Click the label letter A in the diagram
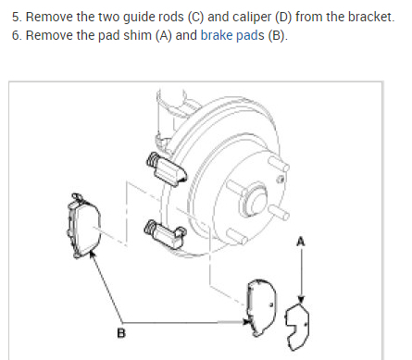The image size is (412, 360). click(301, 242)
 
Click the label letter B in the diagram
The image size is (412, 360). click(121, 333)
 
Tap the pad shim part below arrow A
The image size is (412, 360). click(298, 327)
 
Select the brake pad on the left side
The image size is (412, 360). click(83, 226)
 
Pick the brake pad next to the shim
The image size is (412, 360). click(261, 307)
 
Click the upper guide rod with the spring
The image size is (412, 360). click(166, 169)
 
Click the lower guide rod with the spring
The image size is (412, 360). click(165, 234)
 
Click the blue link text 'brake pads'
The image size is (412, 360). click(232, 35)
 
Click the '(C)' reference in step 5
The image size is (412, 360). click(196, 17)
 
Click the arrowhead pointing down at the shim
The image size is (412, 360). click(301, 300)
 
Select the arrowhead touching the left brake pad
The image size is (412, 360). click(92, 254)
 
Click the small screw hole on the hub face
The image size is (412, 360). click(281, 179)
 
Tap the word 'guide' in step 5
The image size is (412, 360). click(138, 18)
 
